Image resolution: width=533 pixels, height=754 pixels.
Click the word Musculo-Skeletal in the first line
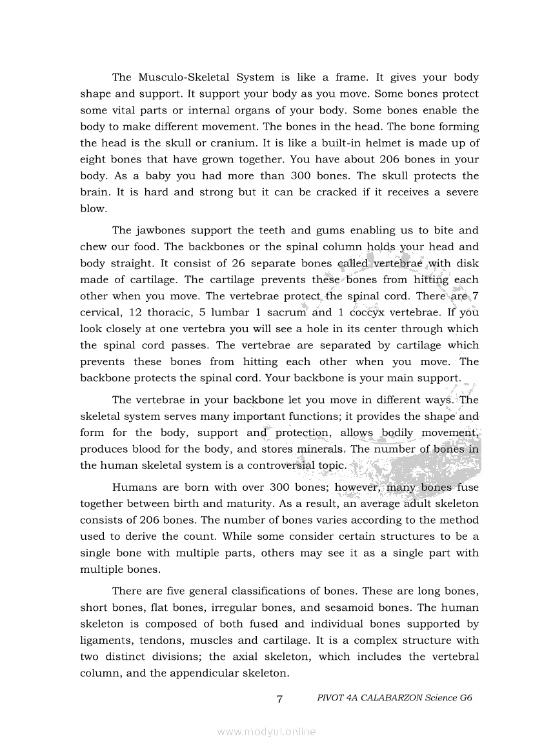[x=183, y=77]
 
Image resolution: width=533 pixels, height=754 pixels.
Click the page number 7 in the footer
[x=279, y=699]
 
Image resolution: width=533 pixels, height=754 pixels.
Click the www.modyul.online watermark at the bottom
[x=266, y=731]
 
